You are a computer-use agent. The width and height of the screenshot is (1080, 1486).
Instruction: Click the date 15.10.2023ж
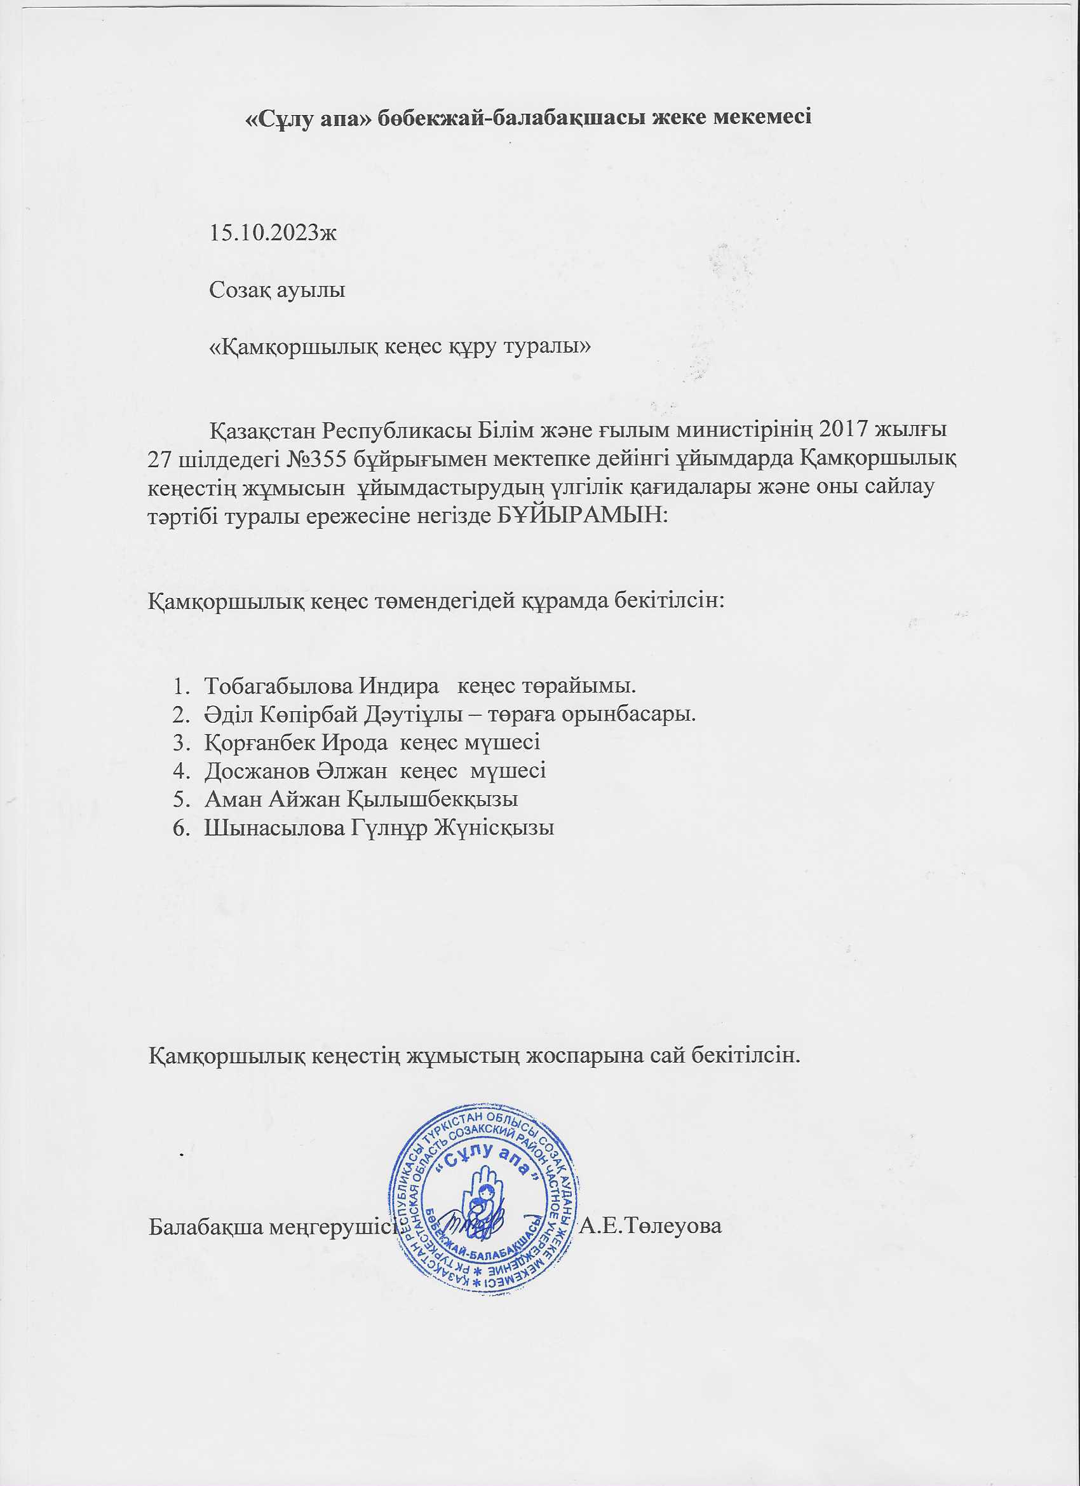tap(273, 233)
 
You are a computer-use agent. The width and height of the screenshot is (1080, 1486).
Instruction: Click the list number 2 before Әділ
tap(179, 714)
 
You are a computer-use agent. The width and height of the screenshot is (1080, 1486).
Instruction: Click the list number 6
tap(179, 828)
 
